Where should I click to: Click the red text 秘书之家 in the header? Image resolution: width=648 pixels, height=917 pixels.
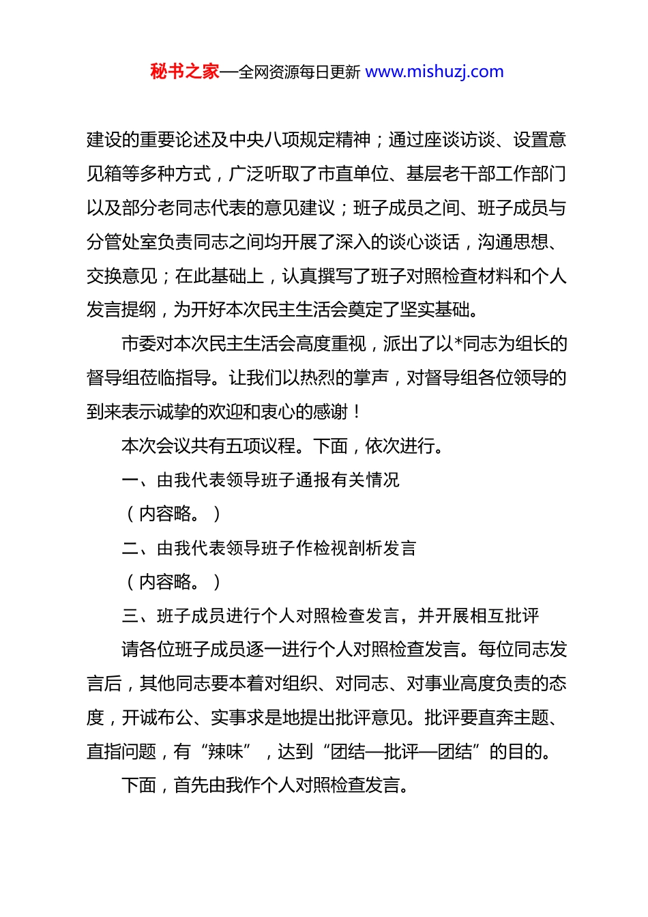click(x=185, y=72)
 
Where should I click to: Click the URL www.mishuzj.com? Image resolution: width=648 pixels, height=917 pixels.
click(x=435, y=72)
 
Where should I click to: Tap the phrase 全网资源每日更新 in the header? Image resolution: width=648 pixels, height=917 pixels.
click(x=299, y=72)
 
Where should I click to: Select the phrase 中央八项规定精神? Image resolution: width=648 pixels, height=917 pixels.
click(x=300, y=140)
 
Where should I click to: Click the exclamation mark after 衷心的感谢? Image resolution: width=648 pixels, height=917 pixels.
click(x=357, y=412)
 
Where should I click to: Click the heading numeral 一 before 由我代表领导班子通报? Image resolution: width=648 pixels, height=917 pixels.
click(x=130, y=480)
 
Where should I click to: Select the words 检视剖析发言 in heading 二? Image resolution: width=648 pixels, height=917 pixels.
click(x=365, y=548)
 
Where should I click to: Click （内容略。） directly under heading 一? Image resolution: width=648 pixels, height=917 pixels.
click(x=174, y=514)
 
